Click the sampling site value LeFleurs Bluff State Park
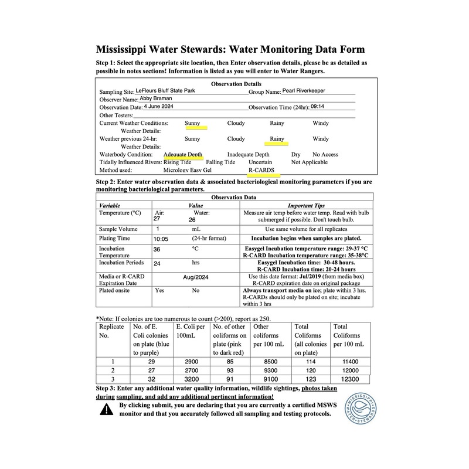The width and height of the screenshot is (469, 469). point(170,91)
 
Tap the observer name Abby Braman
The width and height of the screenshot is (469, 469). point(155,100)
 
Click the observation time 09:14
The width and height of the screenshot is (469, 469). point(317,107)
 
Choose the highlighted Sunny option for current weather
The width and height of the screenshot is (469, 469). point(192,124)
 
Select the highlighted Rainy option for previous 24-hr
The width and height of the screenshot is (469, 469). point(276,140)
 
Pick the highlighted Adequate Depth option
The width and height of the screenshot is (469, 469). point(183,155)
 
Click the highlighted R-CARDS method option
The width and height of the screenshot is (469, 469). point(264,169)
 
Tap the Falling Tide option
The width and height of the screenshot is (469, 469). point(220,162)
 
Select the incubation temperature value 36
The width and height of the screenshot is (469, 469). point(157,249)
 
